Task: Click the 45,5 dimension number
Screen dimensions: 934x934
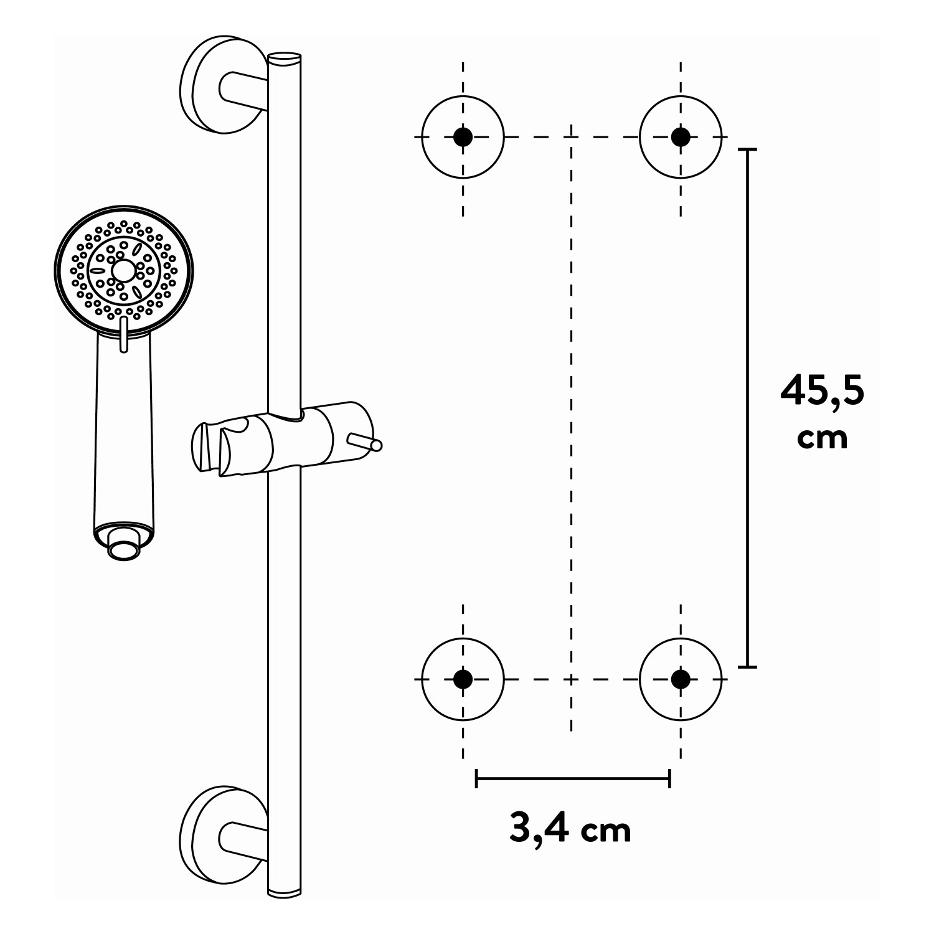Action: coord(822,392)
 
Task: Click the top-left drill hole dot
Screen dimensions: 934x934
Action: coord(463,136)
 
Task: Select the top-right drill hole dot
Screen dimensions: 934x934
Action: coord(681,136)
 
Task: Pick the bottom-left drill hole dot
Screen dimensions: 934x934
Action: coord(463,679)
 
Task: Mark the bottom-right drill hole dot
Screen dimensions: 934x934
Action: coord(681,679)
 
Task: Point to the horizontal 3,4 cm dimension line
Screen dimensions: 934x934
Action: coord(572,778)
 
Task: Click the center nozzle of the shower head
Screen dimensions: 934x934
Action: coord(123,270)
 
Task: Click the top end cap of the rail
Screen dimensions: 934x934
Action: coord(285,59)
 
